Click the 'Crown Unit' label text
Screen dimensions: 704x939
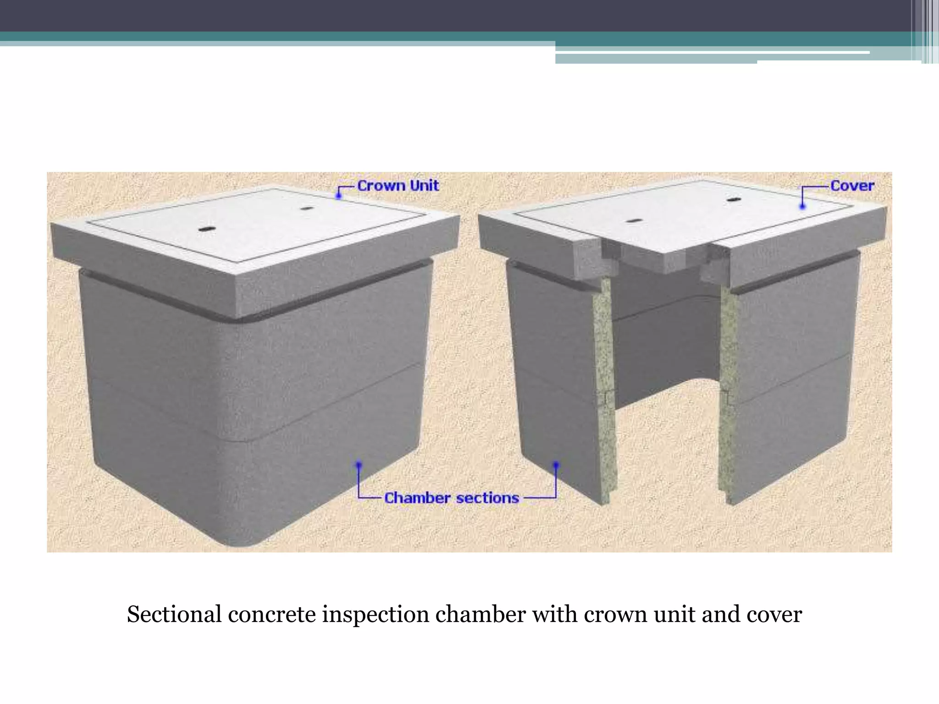click(x=398, y=186)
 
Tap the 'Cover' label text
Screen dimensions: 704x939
click(x=852, y=186)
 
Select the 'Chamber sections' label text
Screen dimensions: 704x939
click(x=451, y=498)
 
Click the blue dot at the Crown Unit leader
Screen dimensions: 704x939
click(x=338, y=196)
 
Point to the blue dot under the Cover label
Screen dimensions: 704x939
click(x=802, y=207)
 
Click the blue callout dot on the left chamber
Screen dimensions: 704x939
click(x=359, y=464)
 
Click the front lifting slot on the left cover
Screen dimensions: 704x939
click(x=207, y=228)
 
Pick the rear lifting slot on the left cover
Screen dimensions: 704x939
click(x=306, y=209)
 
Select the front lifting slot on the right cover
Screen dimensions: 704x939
click(x=634, y=221)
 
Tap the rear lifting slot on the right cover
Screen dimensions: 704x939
click(x=734, y=200)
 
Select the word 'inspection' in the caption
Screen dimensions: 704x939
click(x=376, y=616)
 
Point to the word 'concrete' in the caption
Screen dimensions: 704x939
click(x=272, y=615)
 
